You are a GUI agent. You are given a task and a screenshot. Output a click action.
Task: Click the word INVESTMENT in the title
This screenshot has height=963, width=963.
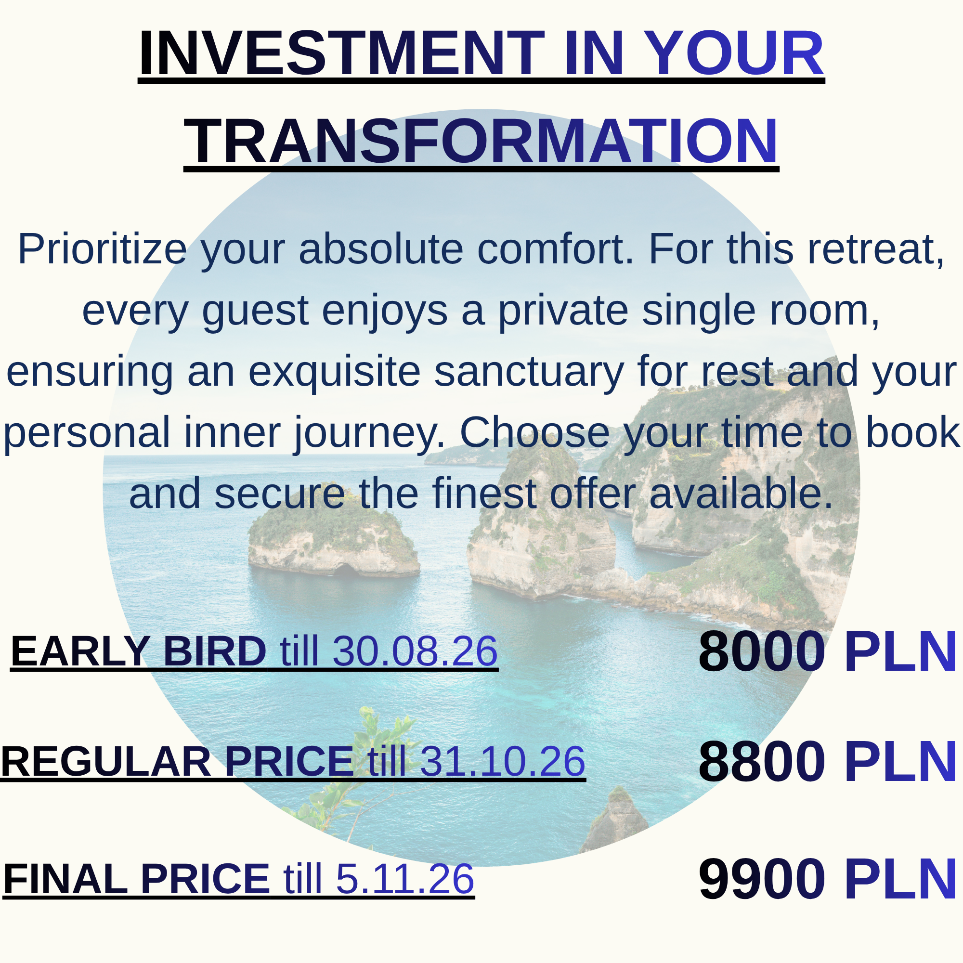(341, 53)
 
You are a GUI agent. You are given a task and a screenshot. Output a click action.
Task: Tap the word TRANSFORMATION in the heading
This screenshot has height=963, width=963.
(481, 142)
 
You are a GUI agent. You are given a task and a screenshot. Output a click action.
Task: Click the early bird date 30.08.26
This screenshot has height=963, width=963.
(415, 651)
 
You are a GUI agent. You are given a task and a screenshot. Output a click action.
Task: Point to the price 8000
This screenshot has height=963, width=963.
(762, 651)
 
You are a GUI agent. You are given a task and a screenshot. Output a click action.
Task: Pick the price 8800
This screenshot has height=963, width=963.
(762, 762)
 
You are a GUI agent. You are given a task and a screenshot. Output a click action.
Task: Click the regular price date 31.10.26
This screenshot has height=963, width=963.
(502, 761)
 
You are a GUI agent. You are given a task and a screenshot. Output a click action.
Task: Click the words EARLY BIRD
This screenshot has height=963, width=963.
(139, 651)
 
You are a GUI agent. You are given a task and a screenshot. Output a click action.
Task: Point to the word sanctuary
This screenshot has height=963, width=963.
(529, 372)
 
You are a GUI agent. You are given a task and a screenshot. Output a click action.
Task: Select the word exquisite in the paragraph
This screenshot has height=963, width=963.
(335, 372)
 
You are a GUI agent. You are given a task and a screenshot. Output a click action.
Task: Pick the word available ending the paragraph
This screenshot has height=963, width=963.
(741, 494)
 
